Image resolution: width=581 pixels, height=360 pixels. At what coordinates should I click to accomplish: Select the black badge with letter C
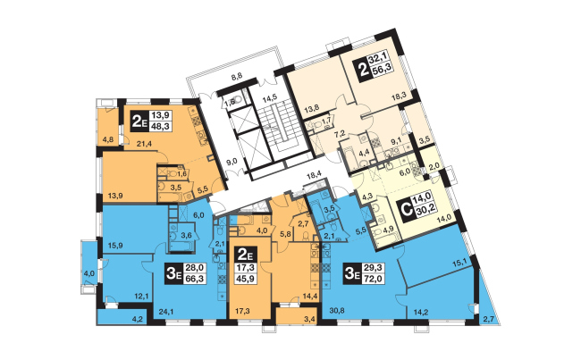click(404, 209)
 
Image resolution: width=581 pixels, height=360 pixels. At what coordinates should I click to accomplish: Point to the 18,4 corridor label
click(313, 177)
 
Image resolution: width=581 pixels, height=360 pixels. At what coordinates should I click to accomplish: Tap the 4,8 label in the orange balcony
click(107, 139)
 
